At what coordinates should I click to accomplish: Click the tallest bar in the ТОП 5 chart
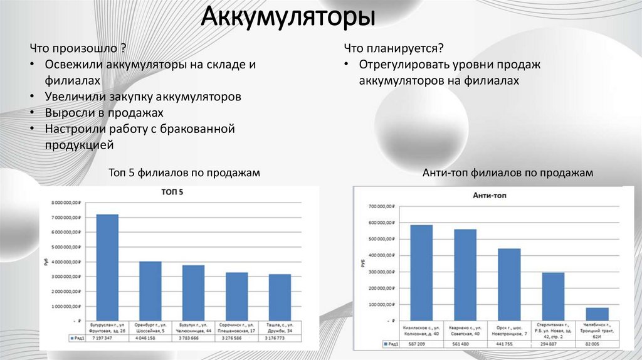click(107, 267)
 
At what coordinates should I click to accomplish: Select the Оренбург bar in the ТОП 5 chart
click(150, 290)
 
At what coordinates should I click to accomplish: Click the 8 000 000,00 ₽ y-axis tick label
click(65, 203)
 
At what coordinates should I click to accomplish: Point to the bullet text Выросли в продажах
click(103, 113)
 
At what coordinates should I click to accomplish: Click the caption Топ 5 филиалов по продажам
click(184, 173)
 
